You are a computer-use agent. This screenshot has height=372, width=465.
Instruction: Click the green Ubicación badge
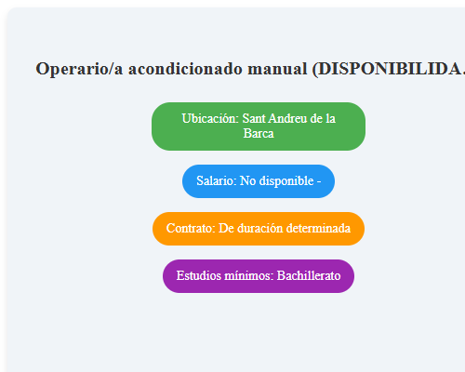259,126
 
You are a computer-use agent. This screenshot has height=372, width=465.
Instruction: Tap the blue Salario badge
259,180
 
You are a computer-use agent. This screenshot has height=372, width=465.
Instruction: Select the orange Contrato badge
259,228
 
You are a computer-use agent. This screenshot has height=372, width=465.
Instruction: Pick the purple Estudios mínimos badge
259,276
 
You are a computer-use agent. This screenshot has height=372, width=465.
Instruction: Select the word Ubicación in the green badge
209,119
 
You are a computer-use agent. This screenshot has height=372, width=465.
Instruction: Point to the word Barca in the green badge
259,133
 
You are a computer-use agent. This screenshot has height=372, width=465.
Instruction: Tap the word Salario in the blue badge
216,180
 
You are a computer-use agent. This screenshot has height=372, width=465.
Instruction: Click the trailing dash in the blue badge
319,180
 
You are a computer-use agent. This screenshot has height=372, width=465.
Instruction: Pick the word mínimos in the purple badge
250,276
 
